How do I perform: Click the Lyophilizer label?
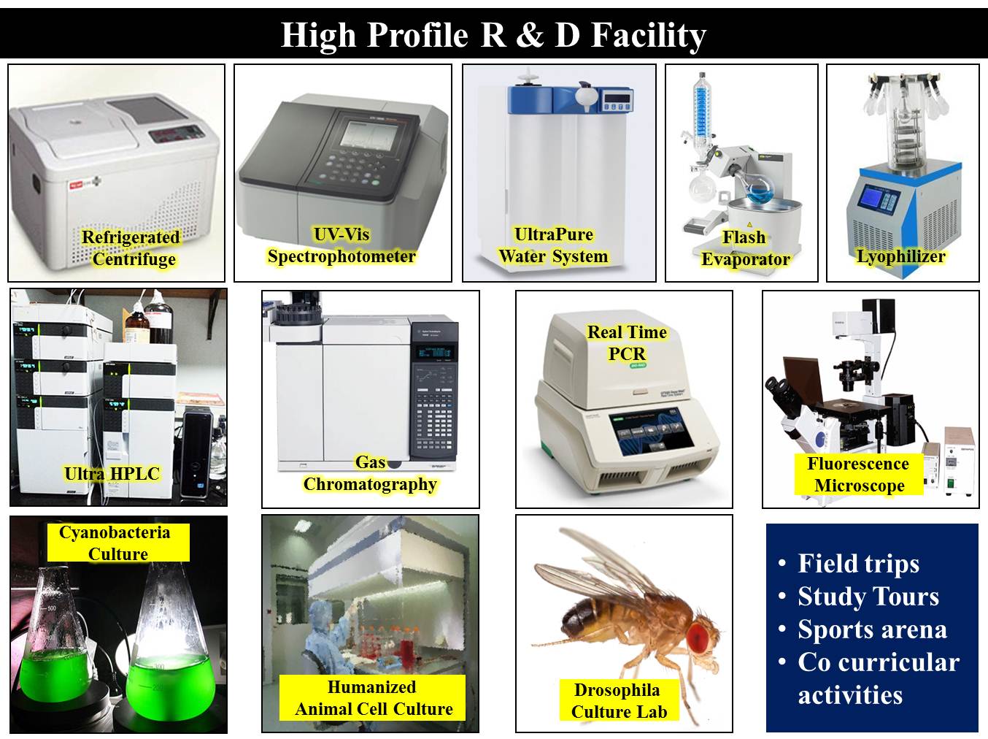[900, 256]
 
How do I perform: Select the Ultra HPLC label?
[112, 473]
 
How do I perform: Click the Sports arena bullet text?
[872, 629]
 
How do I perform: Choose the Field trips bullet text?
[858, 563]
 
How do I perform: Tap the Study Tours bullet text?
[868, 597]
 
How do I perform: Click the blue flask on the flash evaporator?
[759, 191]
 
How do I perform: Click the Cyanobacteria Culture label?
[115, 543]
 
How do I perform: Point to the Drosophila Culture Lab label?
[619, 701]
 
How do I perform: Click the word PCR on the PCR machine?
[627, 354]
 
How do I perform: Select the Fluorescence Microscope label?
[858, 474]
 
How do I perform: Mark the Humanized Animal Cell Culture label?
[373, 697]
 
